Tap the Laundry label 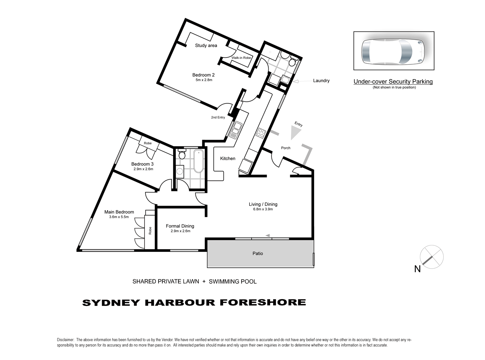(x=321, y=81)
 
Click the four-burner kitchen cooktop (x=261, y=133)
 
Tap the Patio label (x=258, y=254)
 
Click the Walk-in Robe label (x=241, y=58)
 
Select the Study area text (x=206, y=46)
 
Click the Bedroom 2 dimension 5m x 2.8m (x=204, y=80)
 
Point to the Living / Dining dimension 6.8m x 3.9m (x=263, y=209)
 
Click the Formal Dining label (x=180, y=226)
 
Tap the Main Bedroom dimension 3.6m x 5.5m (x=119, y=217)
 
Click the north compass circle (x=432, y=257)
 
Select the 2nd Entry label (x=218, y=117)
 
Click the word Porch (x=285, y=148)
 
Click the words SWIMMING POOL (x=233, y=282)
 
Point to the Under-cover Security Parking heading (x=393, y=82)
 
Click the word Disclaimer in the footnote (x=65, y=340)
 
